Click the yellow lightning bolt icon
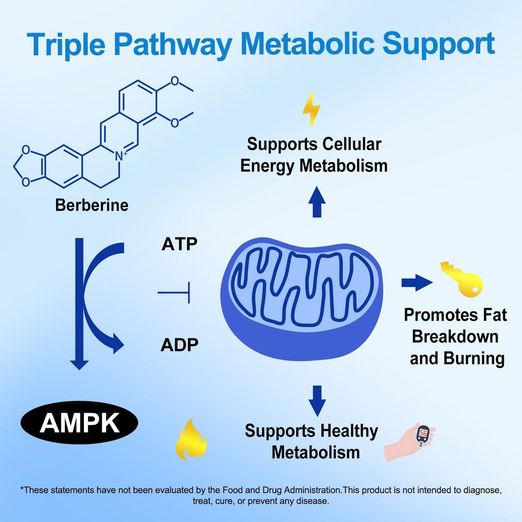click(x=311, y=109)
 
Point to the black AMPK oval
click(x=79, y=423)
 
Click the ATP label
click(x=179, y=244)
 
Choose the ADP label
click(x=179, y=345)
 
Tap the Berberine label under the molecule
click(x=92, y=205)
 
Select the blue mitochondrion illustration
click(x=302, y=298)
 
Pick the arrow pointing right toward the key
click(x=417, y=282)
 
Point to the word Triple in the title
click(x=66, y=44)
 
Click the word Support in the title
click(x=438, y=44)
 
